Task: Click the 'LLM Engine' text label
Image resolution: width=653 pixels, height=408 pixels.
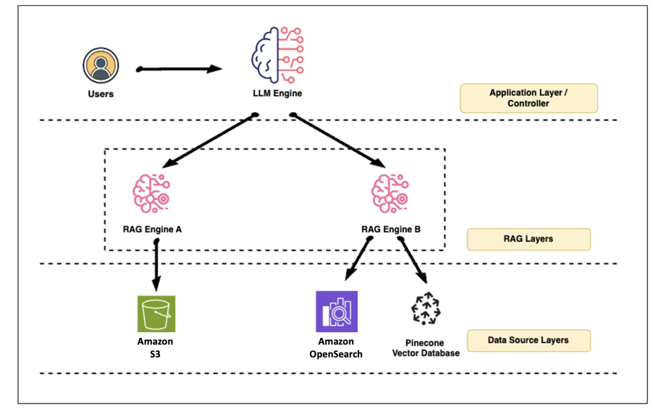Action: (x=277, y=94)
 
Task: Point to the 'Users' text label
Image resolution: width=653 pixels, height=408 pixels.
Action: (x=100, y=94)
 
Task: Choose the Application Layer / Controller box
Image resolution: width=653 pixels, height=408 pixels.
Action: (x=528, y=98)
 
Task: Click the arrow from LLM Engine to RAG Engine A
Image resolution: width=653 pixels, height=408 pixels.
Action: (x=203, y=140)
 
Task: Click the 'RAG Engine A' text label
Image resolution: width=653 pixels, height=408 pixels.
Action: (x=152, y=228)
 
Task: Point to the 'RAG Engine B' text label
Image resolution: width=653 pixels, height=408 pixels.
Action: (x=391, y=228)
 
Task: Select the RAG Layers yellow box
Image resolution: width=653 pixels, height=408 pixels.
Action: (x=528, y=239)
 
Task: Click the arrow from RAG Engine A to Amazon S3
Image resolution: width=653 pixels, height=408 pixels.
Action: (x=156, y=265)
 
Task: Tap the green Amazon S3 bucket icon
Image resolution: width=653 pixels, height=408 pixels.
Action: (x=156, y=314)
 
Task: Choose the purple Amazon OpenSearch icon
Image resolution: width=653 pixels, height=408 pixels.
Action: (x=337, y=312)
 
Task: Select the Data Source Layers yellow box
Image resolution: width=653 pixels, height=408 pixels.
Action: (x=528, y=340)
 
